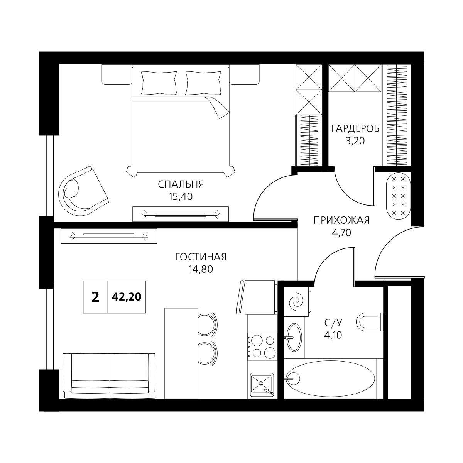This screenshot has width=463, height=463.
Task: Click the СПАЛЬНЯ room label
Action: [181, 184]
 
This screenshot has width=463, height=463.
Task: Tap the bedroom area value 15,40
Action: [181, 197]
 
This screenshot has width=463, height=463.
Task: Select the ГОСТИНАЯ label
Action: [201, 257]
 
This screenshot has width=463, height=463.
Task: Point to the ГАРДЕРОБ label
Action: [355, 129]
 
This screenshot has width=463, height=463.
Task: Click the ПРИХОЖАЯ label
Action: [342, 220]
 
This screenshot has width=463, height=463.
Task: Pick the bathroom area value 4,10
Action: [333, 335]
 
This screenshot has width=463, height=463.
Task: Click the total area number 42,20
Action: [127, 297]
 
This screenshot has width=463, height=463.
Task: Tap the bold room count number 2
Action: [95, 297]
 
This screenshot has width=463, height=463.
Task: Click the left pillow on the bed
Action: [159, 83]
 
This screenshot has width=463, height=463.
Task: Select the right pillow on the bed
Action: [203, 83]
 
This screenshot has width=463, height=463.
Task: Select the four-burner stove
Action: [262, 346]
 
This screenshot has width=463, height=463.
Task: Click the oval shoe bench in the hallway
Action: [398, 196]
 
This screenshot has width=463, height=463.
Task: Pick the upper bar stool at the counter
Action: [207, 323]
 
